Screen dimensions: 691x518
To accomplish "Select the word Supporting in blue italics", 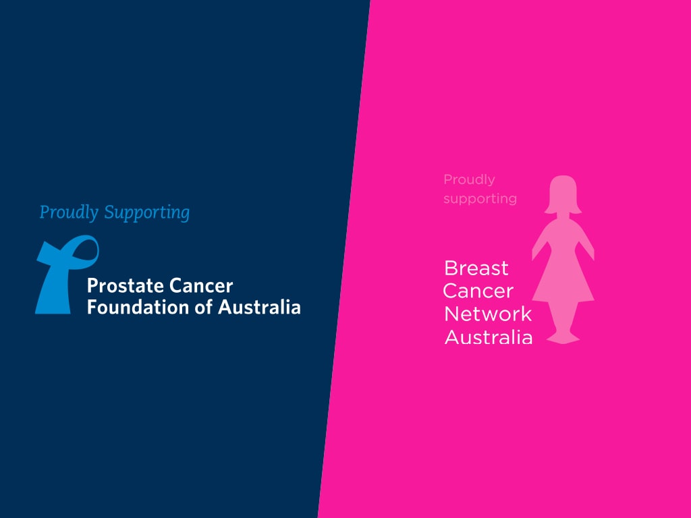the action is tap(146, 212).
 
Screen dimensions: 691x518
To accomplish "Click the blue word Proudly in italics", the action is tap(69, 212).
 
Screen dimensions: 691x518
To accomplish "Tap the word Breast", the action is tap(476, 268).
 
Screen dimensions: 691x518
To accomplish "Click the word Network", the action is tap(488, 314).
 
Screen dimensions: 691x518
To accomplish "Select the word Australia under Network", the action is tap(489, 337).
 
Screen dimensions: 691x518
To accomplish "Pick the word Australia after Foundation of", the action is tap(260, 307).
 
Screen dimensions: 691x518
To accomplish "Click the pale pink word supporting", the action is tap(480, 199).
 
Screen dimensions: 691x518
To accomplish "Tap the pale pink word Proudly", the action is tap(470, 179).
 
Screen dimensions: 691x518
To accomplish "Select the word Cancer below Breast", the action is tap(478, 291).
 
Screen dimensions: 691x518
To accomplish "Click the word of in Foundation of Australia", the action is tap(204, 307).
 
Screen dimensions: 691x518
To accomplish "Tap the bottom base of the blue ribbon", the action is tap(53, 308).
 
